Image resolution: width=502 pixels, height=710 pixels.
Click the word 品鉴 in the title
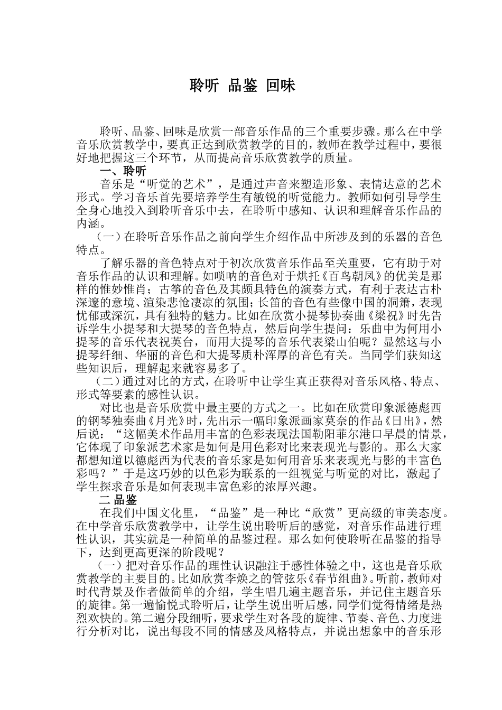pyautogui.click(x=243, y=86)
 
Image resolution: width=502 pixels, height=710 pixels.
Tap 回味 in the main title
pyautogui.click(x=281, y=86)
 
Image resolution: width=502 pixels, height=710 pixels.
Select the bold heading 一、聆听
pyautogui.click(x=123, y=171)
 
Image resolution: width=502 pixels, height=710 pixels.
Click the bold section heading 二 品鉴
pyautogui.click(x=118, y=500)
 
